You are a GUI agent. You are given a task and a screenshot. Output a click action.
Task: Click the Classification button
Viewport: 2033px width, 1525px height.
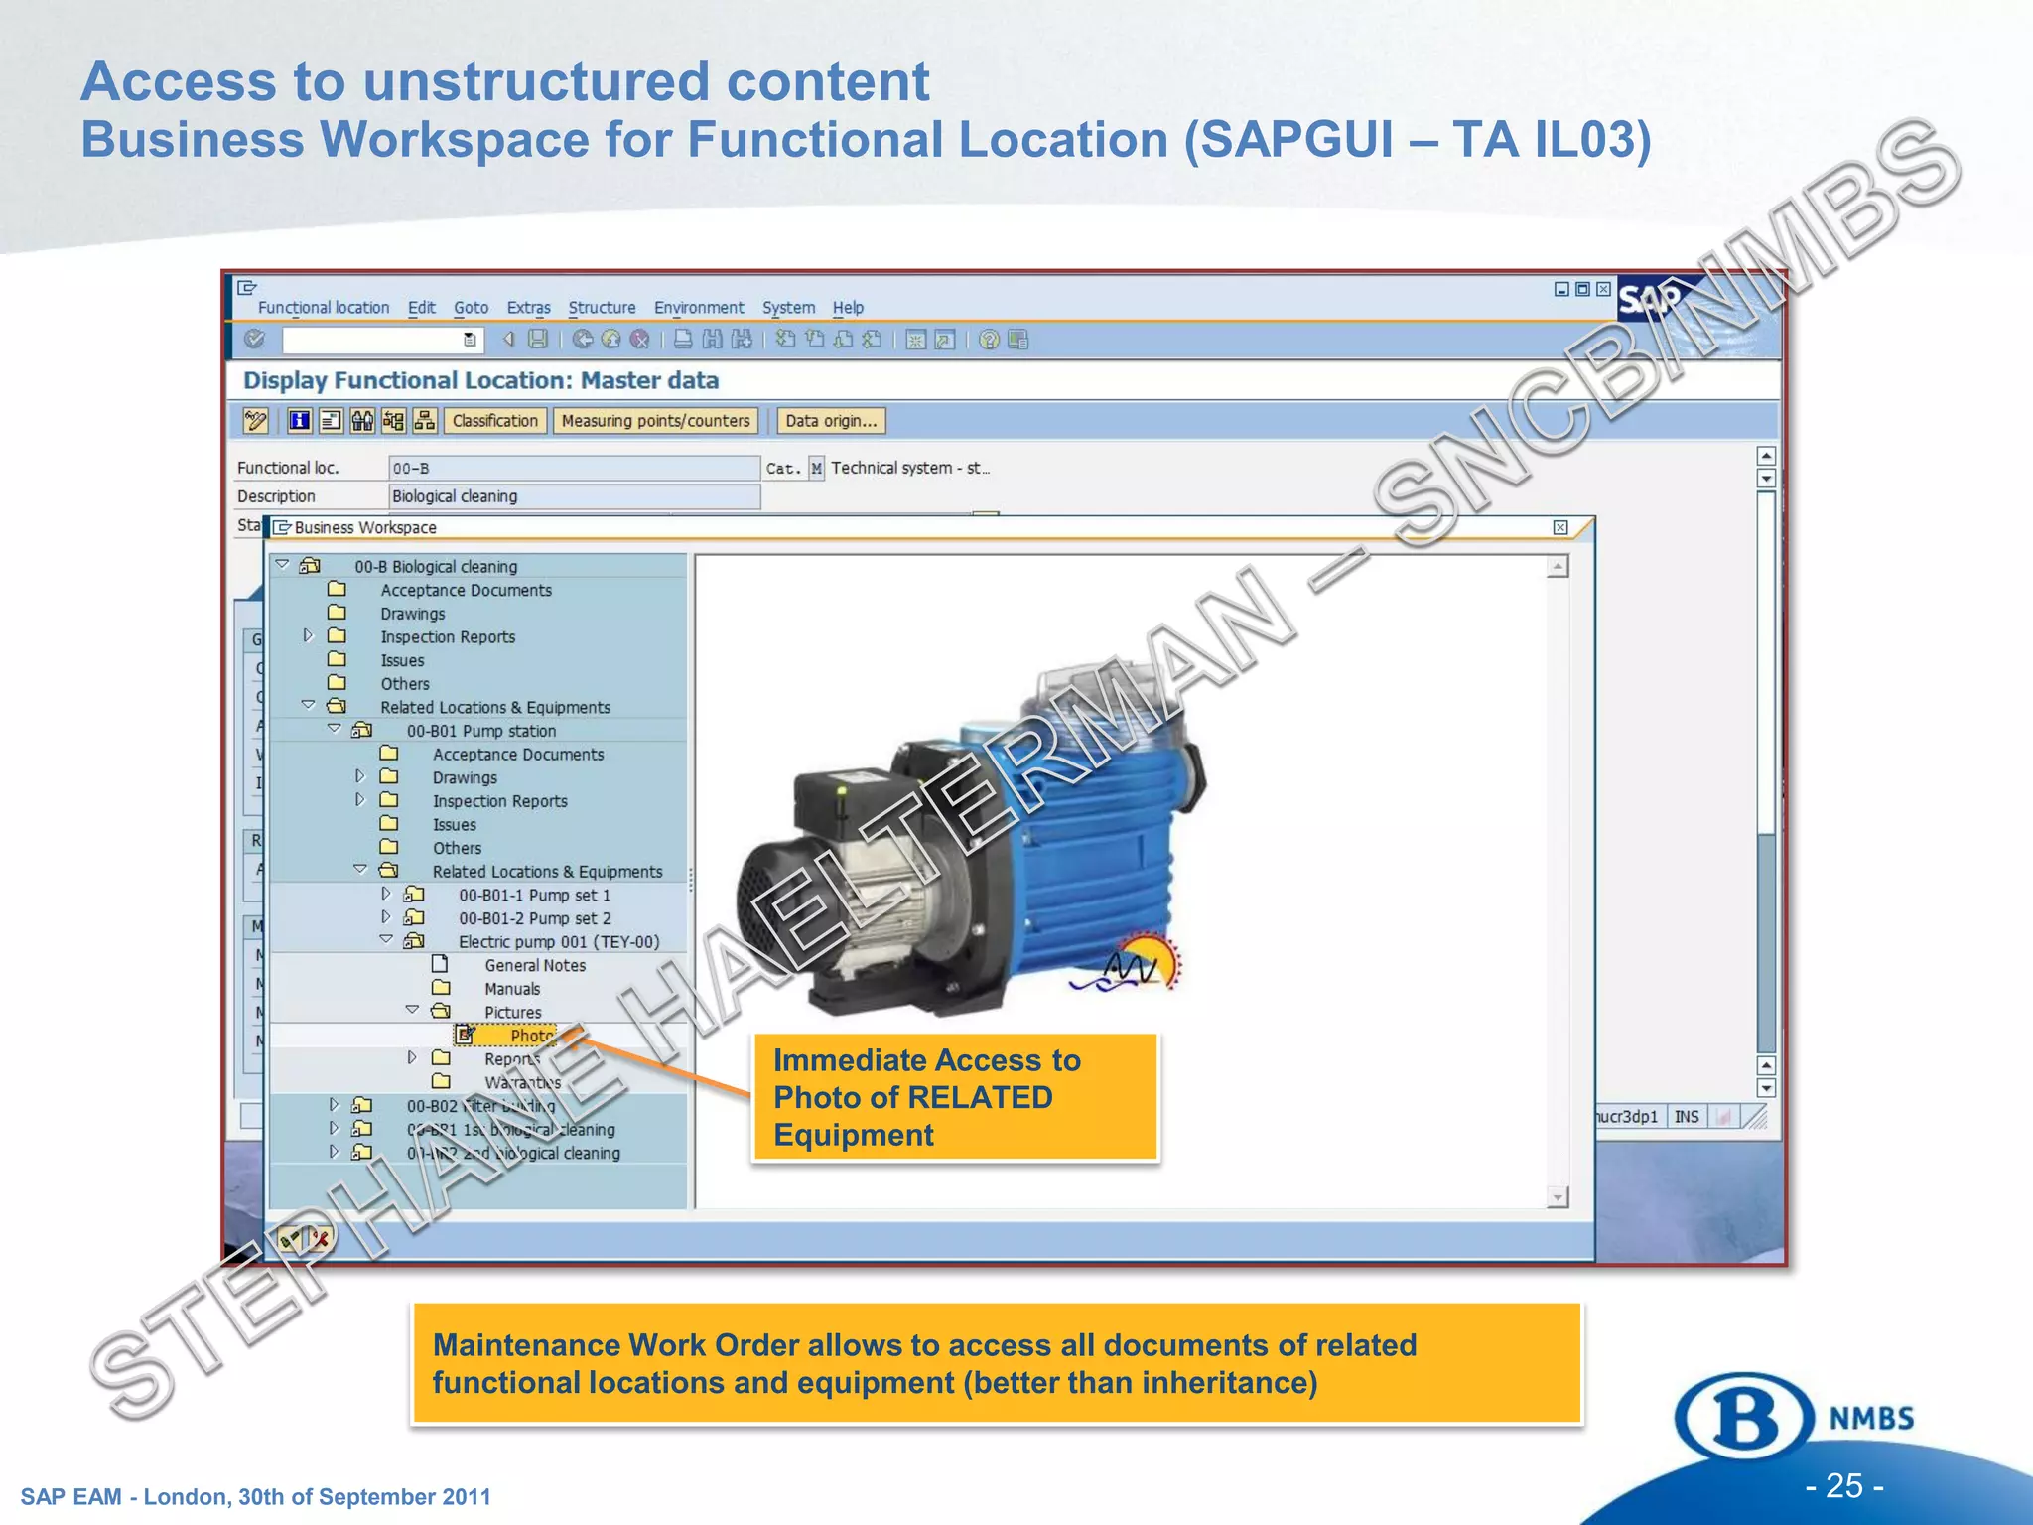[494, 421]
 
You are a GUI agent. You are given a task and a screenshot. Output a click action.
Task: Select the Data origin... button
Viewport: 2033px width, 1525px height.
[831, 421]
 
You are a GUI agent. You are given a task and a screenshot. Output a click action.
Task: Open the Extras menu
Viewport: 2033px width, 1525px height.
[528, 308]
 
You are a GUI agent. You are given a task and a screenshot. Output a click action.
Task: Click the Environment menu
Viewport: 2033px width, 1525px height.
[698, 308]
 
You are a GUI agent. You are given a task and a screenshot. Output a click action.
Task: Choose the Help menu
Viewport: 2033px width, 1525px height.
[847, 308]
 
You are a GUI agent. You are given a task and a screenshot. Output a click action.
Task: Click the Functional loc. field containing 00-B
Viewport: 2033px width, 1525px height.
[574, 468]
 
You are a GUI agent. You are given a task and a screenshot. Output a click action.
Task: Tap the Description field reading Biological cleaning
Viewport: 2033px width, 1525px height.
[574, 496]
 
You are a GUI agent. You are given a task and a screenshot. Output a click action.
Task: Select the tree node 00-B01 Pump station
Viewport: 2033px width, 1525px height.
[480, 731]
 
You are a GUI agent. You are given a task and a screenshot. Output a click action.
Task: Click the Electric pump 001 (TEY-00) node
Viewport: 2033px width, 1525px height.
[558, 942]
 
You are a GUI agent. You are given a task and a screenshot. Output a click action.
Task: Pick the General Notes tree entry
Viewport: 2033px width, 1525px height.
[534, 965]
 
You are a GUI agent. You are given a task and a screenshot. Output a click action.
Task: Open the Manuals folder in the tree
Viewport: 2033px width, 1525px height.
[511, 989]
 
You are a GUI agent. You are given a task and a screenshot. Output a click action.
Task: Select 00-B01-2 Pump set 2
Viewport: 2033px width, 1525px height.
[534, 918]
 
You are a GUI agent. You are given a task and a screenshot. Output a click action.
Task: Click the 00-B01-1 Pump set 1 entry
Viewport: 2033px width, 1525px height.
[534, 895]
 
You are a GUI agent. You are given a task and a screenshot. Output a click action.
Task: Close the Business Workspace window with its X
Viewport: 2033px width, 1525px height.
[1560, 527]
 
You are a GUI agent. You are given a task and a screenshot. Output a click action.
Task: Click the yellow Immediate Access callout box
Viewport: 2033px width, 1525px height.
[955, 1097]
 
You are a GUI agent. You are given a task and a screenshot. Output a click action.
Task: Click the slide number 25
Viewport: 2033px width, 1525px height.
[1843, 1485]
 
